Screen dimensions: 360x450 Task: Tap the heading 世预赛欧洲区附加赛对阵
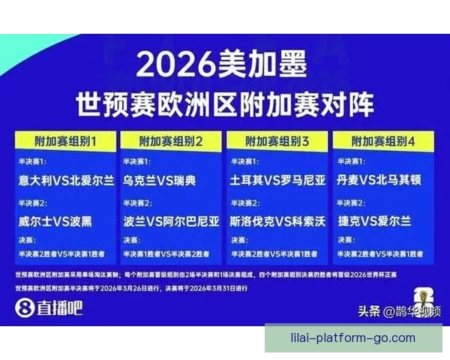tap(224, 104)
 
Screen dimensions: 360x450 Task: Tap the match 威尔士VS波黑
tap(57, 221)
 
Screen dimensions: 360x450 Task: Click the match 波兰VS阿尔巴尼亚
tap(172, 221)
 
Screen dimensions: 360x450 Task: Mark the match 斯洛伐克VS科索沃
tap(277, 221)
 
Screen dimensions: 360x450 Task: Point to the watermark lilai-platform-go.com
tap(352, 337)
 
